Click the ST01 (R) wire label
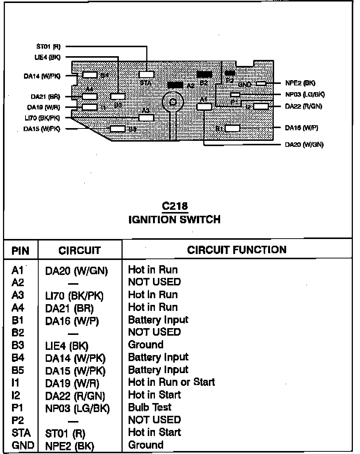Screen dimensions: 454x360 [48, 47]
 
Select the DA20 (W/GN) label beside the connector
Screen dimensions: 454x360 [304, 145]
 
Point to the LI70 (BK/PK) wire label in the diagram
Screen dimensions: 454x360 [41, 118]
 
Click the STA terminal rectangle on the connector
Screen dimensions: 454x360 [146, 75]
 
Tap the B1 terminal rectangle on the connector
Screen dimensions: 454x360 [232, 128]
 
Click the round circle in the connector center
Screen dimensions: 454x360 [172, 101]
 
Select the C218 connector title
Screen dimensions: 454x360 [174, 206]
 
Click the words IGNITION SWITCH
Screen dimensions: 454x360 [174, 219]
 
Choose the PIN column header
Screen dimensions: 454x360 [21, 250]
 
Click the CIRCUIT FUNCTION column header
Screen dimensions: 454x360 [237, 250]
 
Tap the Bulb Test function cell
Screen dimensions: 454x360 [150, 407]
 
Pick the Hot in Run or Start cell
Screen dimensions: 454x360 [171, 382]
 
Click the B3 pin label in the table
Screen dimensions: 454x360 [18, 345]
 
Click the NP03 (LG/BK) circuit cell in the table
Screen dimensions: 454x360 [77, 409]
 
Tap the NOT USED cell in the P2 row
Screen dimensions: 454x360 [154, 420]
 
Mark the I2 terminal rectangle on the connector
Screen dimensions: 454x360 [261, 106]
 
